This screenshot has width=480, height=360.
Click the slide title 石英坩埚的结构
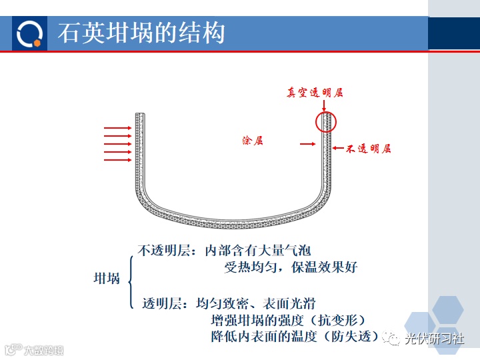click(x=141, y=33)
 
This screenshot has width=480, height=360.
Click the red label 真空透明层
click(x=315, y=93)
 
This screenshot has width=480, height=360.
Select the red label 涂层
click(x=253, y=141)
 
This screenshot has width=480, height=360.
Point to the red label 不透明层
click(x=368, y=149)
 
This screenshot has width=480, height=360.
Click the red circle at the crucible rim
click(x=326, y=121)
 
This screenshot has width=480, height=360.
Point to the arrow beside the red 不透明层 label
click(x=337, y=148)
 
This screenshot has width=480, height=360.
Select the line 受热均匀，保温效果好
click(x=291, y=267)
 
